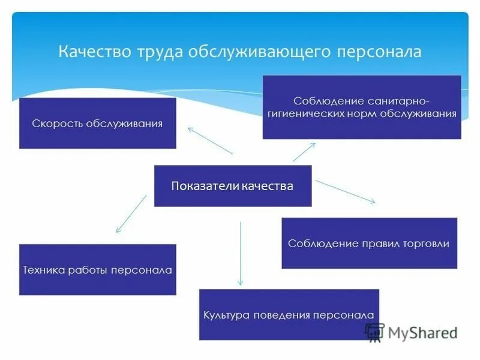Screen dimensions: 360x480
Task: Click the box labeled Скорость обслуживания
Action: [x=98, y=123]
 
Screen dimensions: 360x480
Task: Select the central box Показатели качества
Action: [x=233, y=186]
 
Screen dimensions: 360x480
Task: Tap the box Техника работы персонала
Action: [x=98, y=270]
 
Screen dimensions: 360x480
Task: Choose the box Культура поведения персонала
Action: [x=289, y=314]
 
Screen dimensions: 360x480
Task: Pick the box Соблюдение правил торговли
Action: [x=369, y=243]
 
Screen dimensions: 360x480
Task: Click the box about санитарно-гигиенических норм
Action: [x=362, y=107]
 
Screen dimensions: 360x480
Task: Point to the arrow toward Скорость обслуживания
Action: [x=209, y=140]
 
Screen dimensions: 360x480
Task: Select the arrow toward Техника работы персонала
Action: [x=131, y=214]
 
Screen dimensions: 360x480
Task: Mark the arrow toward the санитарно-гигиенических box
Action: [x=304, y=152]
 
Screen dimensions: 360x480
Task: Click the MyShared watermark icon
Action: [x=374, y=332]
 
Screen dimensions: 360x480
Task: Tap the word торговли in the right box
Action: [x=428, y=244]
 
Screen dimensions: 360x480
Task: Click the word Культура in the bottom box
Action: [x=226, y=315]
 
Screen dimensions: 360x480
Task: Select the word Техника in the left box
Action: [x=41, y=270]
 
